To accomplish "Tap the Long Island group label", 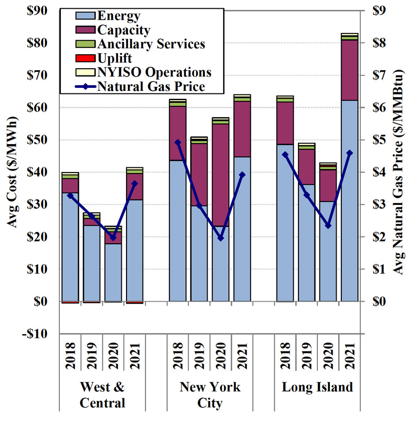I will tap(317, 387).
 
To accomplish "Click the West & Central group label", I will tap(102, 395).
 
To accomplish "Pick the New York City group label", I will tap(210, 395).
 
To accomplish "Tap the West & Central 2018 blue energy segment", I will tap(71, 248).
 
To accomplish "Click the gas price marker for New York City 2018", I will tap(178, 142).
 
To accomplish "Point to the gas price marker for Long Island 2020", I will tap(328, 226).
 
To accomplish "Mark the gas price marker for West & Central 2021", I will tap(135, 183).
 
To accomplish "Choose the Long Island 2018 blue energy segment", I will tap(284, 222).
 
